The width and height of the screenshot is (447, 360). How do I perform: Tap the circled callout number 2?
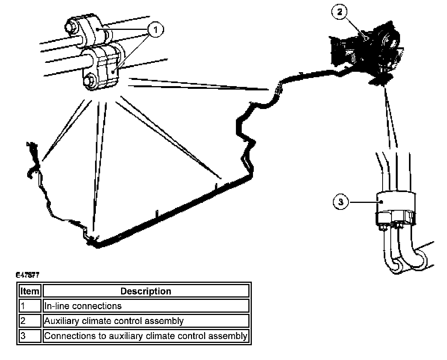click(x=340, y=12)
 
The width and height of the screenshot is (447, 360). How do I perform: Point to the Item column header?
click(x=30, y=291)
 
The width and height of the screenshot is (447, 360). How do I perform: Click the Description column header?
click(x=146, y=291)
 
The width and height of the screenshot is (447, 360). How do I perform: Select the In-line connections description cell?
click(x=146, y=306)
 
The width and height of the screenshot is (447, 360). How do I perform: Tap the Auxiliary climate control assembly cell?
click(x=146, y=321)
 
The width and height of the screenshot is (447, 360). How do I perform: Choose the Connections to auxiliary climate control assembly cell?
click(x=146, y=336)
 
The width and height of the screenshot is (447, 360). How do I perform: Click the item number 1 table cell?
click(x=30, y=306)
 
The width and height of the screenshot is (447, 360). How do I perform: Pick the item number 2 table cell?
click(x=30, y=321)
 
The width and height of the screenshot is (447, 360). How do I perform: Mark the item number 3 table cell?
click(x=30, y=336)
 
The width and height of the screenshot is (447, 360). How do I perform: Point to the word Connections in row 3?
click(x=65, y=336)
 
